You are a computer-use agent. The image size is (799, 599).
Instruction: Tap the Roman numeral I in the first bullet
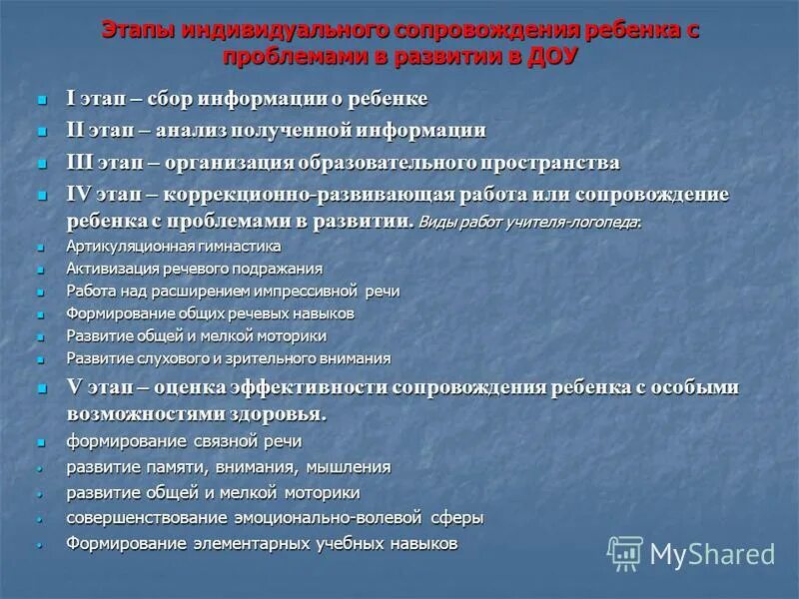[x=71, y=99]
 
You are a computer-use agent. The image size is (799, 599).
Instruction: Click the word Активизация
[x=108, y=269]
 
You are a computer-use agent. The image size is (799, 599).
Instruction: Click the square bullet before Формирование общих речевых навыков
[x=41, y=314]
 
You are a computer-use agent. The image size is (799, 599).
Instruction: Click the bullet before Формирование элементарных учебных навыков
[x=41, y=545]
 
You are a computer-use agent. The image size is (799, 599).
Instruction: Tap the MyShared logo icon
[x=625, y=552]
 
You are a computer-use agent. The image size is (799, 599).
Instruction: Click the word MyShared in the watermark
[x=712, y=554]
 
